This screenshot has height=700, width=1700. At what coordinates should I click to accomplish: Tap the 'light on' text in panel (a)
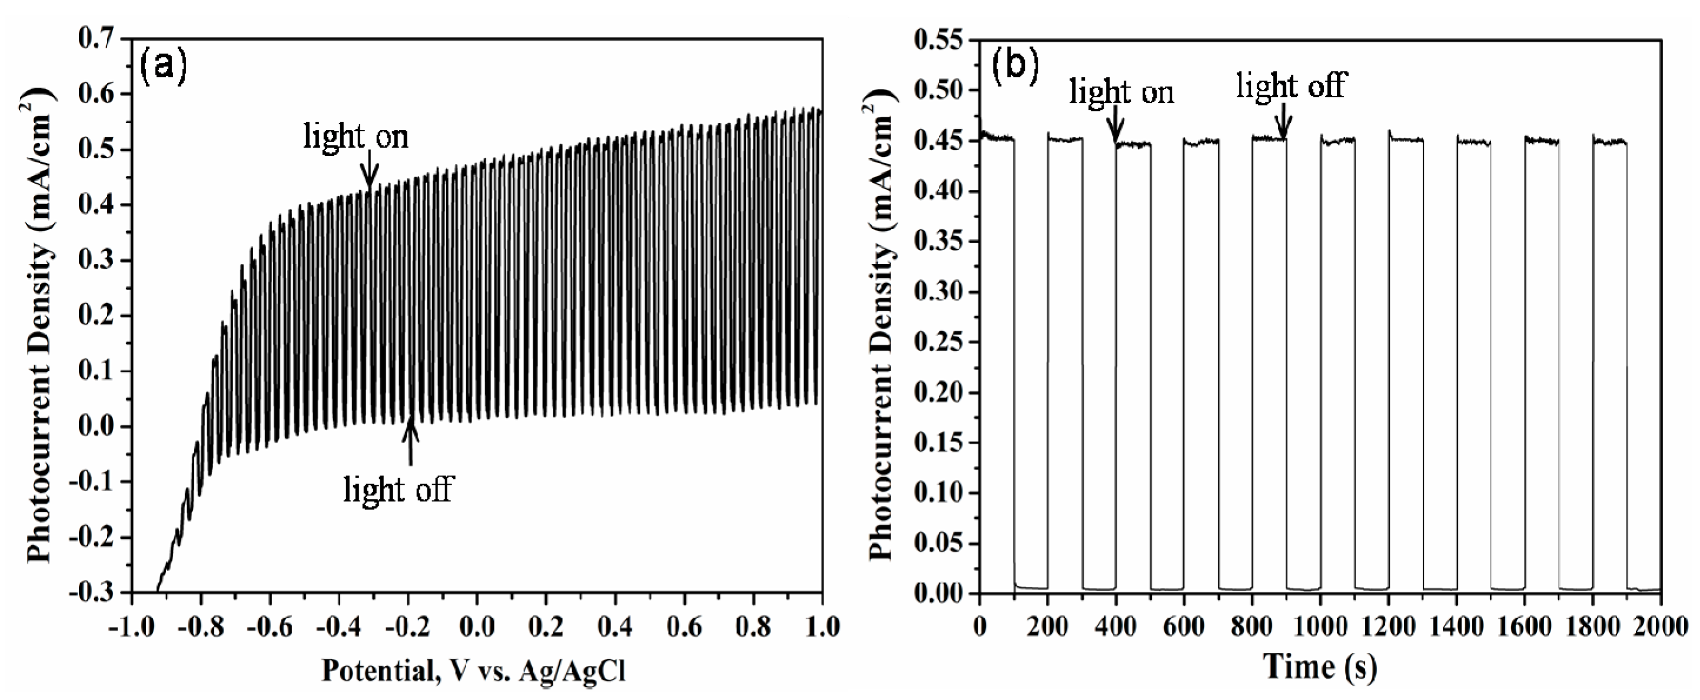(356, 136)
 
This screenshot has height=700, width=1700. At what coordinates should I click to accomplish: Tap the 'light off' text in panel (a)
(399, 489)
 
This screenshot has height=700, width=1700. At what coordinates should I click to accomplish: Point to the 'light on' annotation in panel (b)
(1122, 92)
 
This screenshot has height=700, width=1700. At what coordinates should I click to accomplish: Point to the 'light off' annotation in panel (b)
(1290, 86)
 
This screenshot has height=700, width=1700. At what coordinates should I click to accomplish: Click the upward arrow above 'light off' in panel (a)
(410, 441)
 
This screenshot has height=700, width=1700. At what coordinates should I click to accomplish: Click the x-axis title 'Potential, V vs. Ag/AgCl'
(473, 672)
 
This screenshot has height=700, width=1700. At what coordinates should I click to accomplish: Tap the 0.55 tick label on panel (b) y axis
(938, 39)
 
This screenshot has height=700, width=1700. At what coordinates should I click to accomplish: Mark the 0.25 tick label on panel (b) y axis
(938, 342)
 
